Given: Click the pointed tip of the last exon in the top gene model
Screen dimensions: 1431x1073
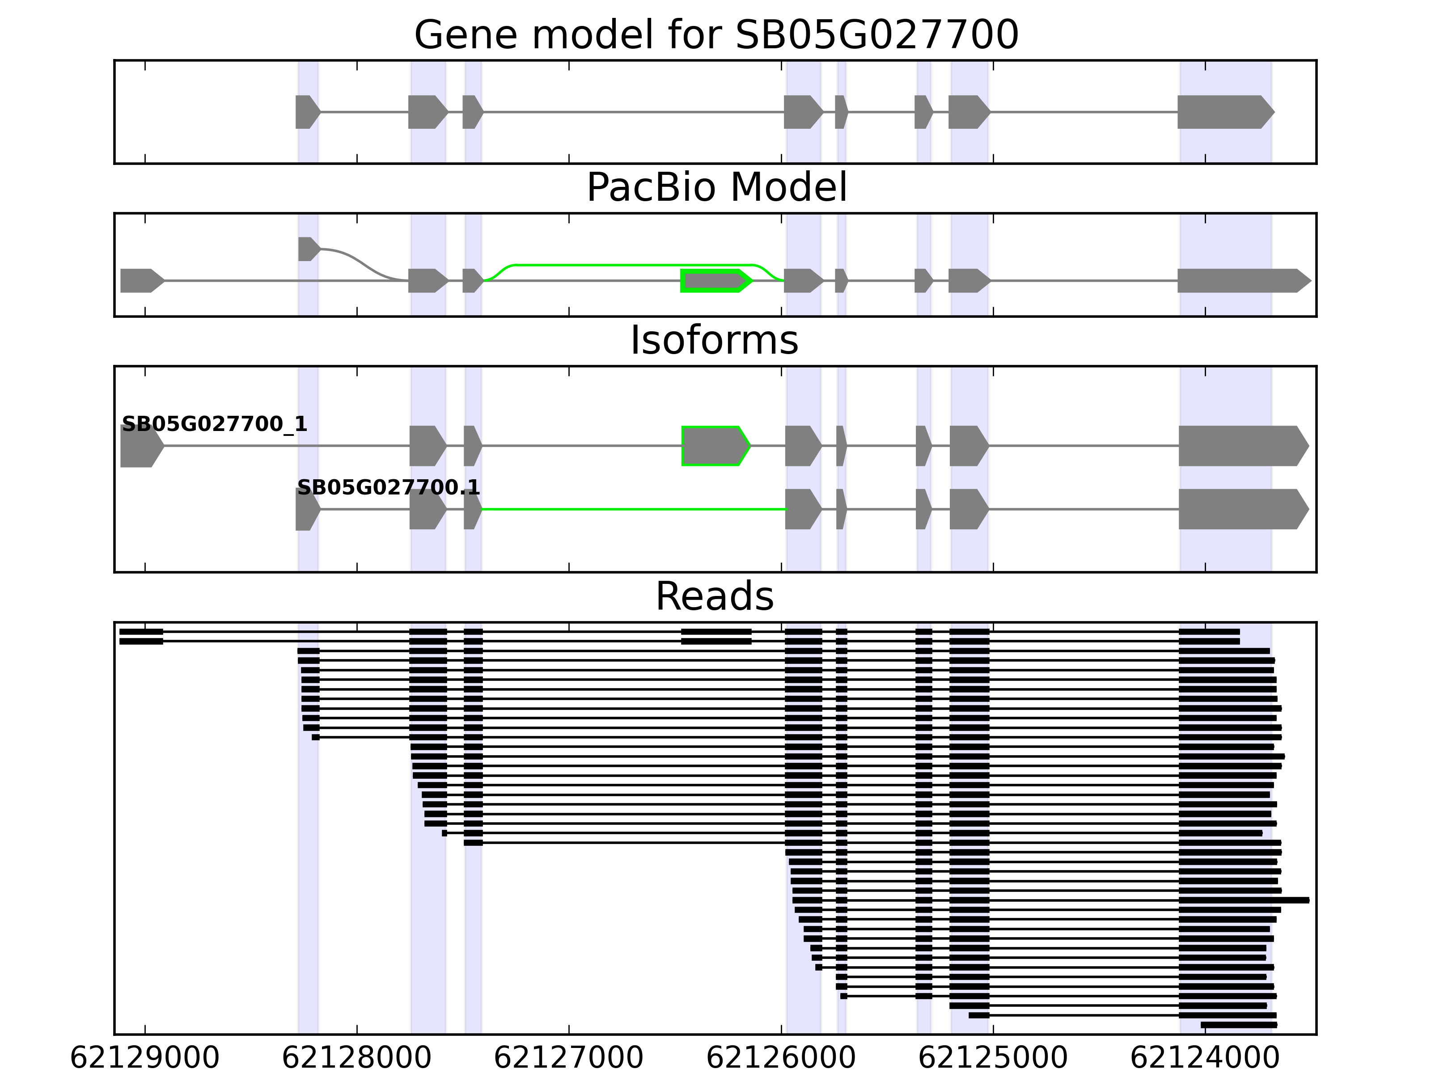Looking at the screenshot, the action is click(x=1274, y=112).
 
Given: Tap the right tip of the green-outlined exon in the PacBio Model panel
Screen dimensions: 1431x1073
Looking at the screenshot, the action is click(x=752, y=281).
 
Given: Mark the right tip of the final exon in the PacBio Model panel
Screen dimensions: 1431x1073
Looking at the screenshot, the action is click(x=1311, y=281).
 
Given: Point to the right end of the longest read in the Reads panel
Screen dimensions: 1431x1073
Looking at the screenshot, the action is click(x=1309, y=900).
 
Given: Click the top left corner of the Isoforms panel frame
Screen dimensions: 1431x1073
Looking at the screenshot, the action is click(x=114, y=367).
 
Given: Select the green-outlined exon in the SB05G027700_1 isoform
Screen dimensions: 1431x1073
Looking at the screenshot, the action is click(x=715, y=446).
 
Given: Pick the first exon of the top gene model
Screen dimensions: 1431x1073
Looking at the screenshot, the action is click(x=308, y=112).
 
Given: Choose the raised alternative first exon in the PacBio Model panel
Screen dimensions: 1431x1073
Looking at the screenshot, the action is click(x=309, y=249).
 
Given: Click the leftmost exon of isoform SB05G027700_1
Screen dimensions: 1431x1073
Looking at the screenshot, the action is click(x=142, y=446).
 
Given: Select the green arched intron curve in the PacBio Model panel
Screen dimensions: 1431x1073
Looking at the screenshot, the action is click(x=634, y=265).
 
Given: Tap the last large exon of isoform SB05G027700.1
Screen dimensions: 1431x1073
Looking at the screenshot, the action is click(x=1243, y=509).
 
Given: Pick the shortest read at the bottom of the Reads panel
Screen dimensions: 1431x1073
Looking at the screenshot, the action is click(x=1239, y=1025).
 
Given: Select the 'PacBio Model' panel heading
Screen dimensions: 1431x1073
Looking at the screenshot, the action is click(x=716, y=188).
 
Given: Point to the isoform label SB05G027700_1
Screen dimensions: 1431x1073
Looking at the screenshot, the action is click(x=214, y=424).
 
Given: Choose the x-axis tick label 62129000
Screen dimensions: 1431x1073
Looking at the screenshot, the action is click(x=145, y=1059).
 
